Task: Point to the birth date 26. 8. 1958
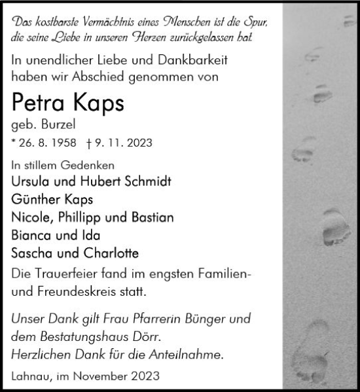tap(46, 142)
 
